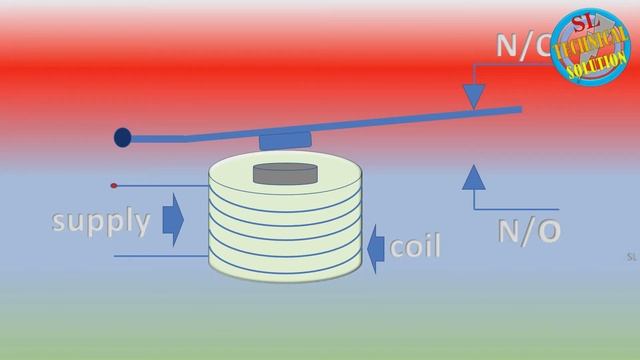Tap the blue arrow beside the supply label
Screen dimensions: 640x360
point(172,220)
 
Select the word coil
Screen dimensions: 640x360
point(415,246)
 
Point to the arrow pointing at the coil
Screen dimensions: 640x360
point(375,247)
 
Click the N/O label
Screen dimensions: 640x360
point(529,231)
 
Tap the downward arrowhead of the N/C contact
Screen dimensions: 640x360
point(474,94)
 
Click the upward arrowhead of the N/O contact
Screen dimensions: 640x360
point(474,178)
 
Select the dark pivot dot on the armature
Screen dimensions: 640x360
point(122,137)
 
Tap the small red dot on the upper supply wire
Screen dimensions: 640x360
point(114,186)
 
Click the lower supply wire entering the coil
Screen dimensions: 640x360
point(160,256)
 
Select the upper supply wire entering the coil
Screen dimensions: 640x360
point(160,186)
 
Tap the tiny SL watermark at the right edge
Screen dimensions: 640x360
point(631,257)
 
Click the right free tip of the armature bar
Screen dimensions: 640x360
point(518,108)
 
